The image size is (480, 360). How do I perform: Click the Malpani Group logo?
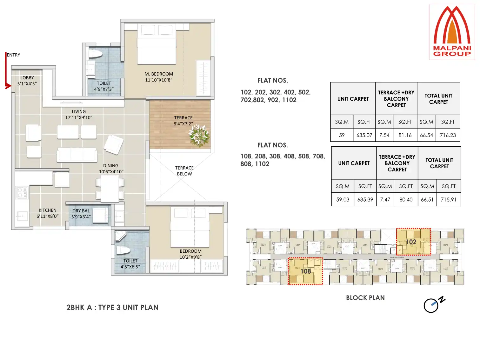(x=452, y=32)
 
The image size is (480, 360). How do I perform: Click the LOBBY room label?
(x=27, y=78)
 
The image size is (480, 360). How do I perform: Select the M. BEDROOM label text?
(x=159, y=74)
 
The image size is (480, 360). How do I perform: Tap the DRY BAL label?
(x=81, y=211)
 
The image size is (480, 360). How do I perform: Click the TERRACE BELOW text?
(x=184, y=171)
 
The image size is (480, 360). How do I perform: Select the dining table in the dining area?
(x=110, y=189)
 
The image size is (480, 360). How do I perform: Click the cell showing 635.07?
(x=364, y=135)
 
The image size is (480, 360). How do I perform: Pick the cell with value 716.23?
(x=448, y=135)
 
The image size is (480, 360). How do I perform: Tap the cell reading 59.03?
(x=343, y=200)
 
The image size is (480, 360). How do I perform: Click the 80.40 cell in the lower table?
(x=406, y=200)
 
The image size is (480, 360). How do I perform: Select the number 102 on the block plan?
(x=411, y=242)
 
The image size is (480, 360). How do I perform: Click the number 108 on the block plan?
(x=306, y=271)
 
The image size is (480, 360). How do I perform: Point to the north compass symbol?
(x=432, y=305)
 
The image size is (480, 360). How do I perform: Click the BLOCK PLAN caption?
(x=365, y=298)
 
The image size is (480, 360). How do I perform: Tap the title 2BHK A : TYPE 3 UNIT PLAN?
(x=112, y=307)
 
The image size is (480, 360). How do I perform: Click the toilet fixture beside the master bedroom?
(x=95, y=54)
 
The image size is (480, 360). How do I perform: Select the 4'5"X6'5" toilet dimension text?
(x=130, y=267)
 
